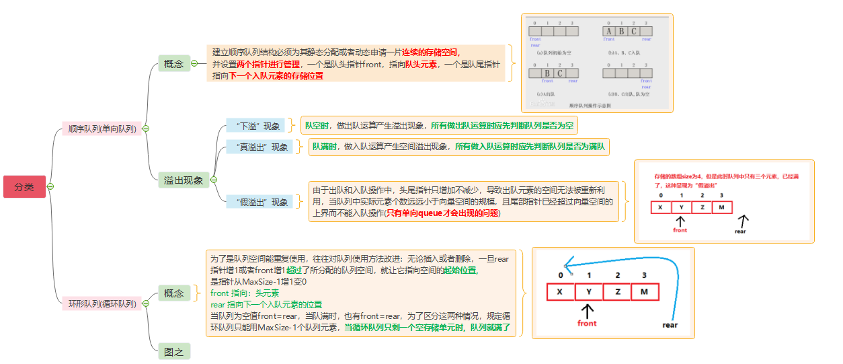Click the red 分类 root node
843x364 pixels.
24,186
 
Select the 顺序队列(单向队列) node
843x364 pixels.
101,129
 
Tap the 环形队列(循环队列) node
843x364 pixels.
102,303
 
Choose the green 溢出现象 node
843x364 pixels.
184,180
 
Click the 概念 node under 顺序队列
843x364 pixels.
173,64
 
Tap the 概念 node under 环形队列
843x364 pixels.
173,293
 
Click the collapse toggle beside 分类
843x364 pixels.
50,186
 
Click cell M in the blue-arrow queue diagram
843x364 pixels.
645,292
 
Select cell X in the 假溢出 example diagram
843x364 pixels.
661,207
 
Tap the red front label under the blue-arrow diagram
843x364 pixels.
587,323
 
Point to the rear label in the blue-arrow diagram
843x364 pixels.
670,325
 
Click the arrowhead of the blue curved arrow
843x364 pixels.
567,264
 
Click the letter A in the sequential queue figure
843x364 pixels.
609,31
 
